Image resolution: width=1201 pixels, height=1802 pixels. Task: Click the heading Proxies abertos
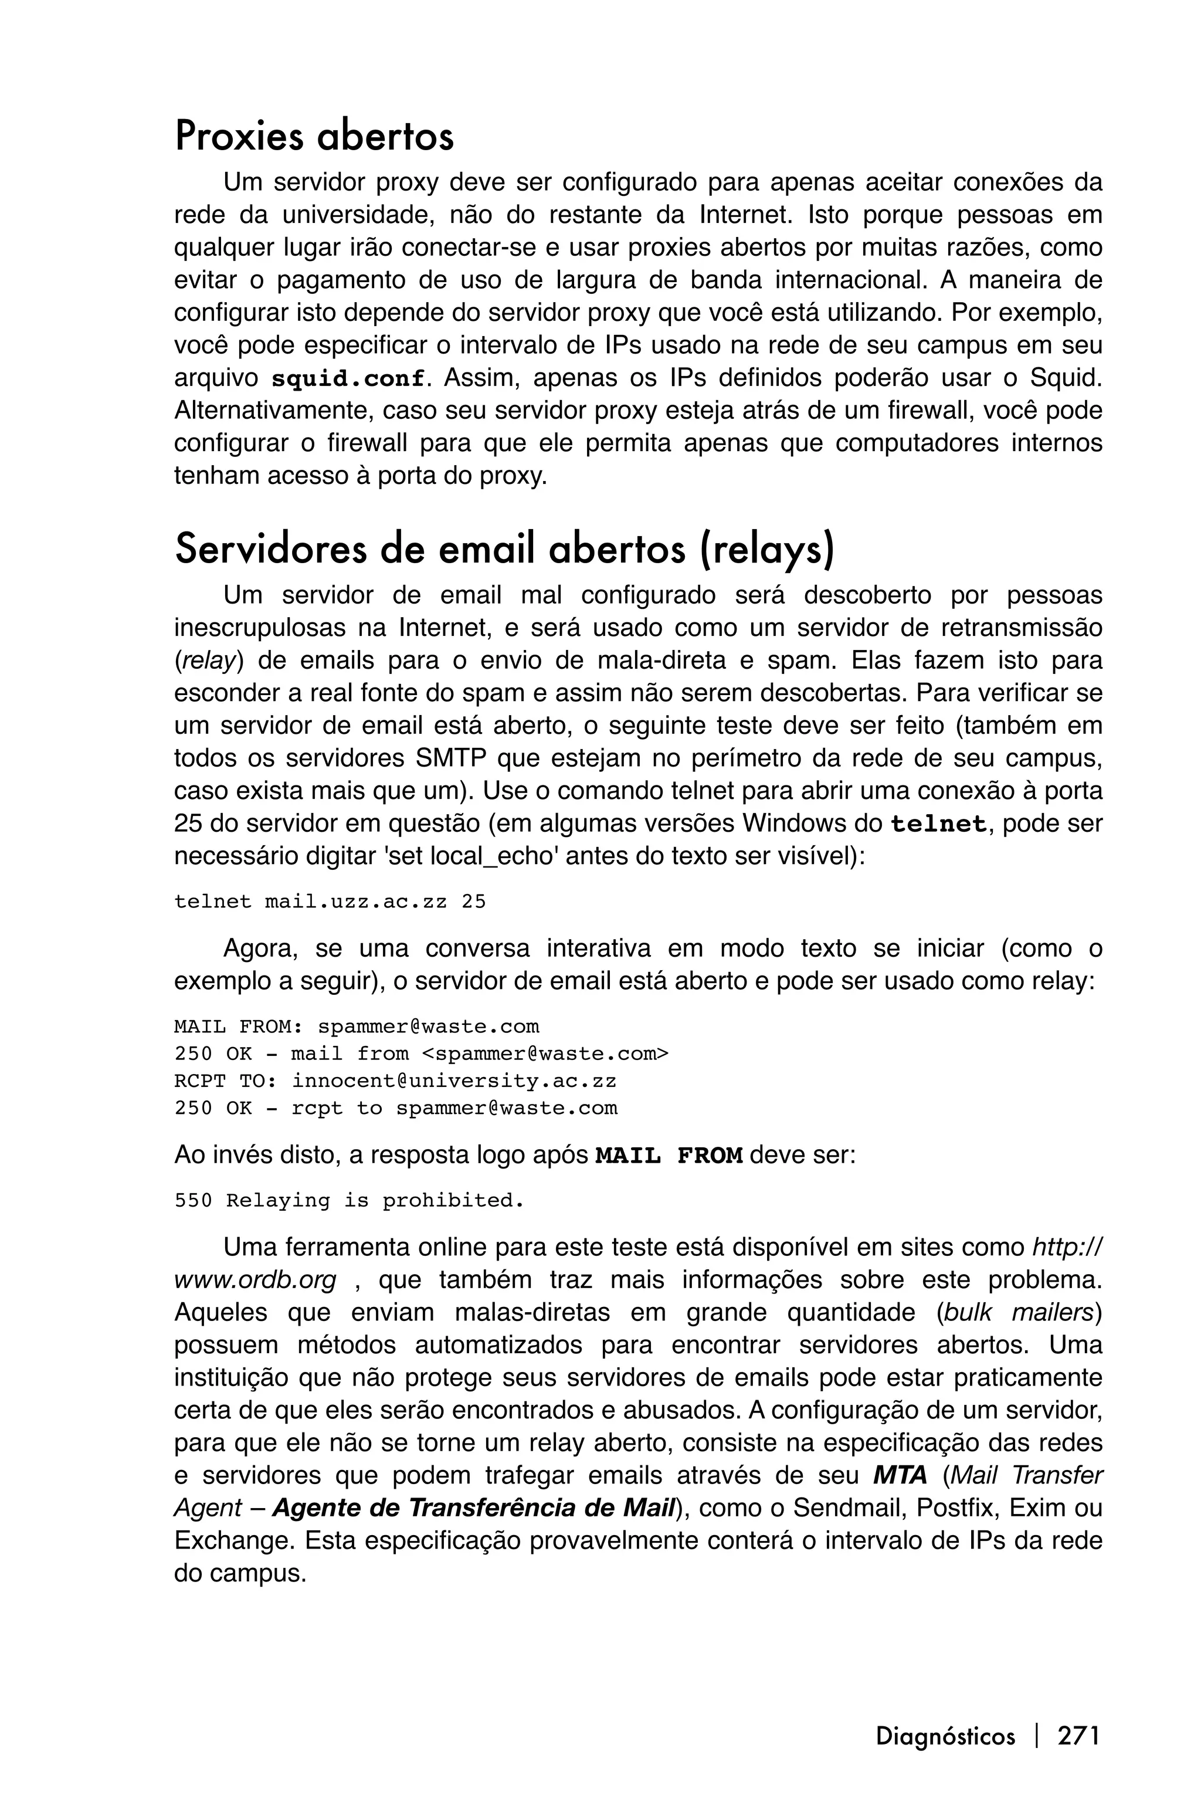coord(314,136)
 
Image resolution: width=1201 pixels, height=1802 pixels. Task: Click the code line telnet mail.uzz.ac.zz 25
coord(330,902)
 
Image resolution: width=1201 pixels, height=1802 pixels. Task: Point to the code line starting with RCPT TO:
coord(395,1081)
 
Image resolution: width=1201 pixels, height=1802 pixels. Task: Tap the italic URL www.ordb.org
coord(255,1281)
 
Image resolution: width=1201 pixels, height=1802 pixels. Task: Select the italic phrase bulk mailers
coord(1023,1312)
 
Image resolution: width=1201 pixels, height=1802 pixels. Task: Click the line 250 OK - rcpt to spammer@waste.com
coord(395,1109)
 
